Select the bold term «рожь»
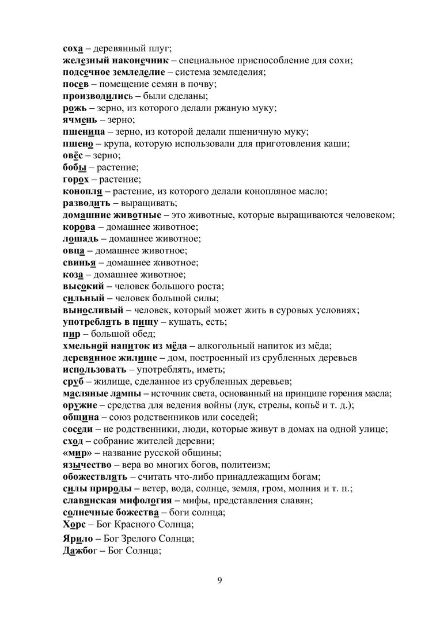coord(74,108)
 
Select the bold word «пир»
coord(71,334)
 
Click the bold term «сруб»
coord(73,381)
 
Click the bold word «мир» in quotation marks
coord(75,453)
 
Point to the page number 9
coord(220,579)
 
